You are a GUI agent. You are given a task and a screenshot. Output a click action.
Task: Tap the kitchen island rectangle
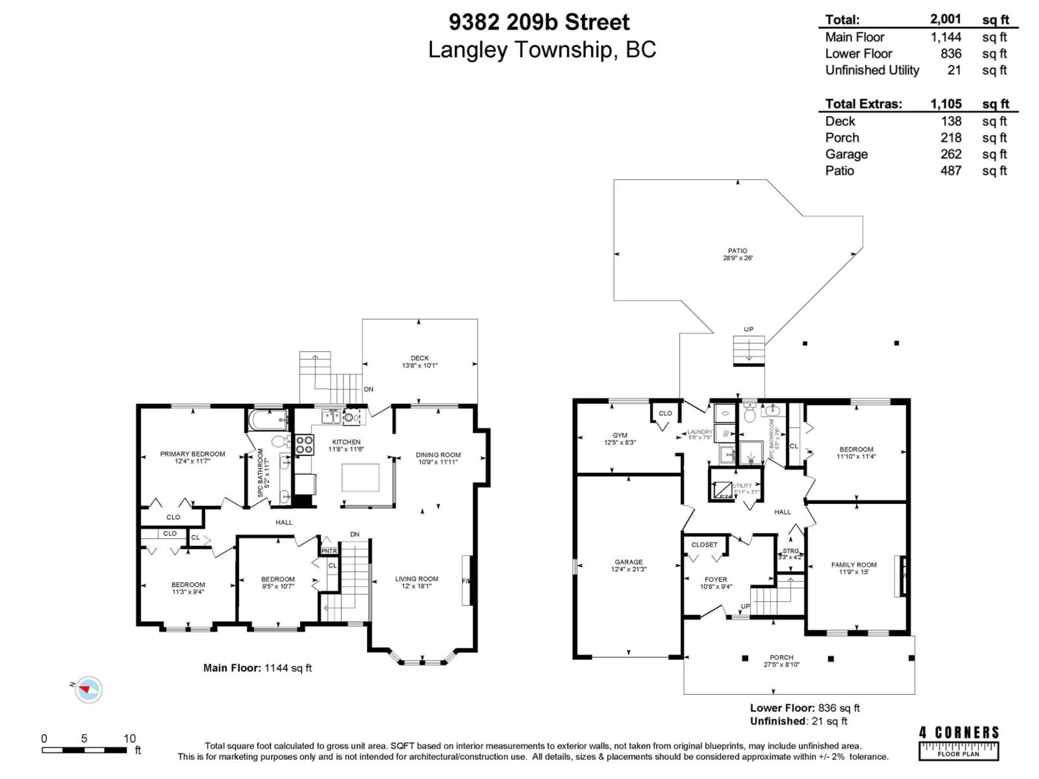click(360, 477)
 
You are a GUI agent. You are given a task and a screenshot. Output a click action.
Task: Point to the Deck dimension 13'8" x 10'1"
click(419, 365)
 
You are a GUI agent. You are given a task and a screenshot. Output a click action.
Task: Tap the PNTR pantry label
click(329, 551)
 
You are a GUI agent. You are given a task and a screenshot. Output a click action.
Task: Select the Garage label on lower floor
click(629, 562)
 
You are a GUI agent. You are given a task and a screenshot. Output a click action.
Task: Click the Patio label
click(737, 251)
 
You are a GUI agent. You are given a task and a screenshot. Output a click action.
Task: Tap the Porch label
click(781, 657)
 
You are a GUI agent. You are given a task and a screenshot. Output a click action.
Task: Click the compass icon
click(88, 689)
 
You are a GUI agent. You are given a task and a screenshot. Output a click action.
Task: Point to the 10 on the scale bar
click(130, 739)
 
